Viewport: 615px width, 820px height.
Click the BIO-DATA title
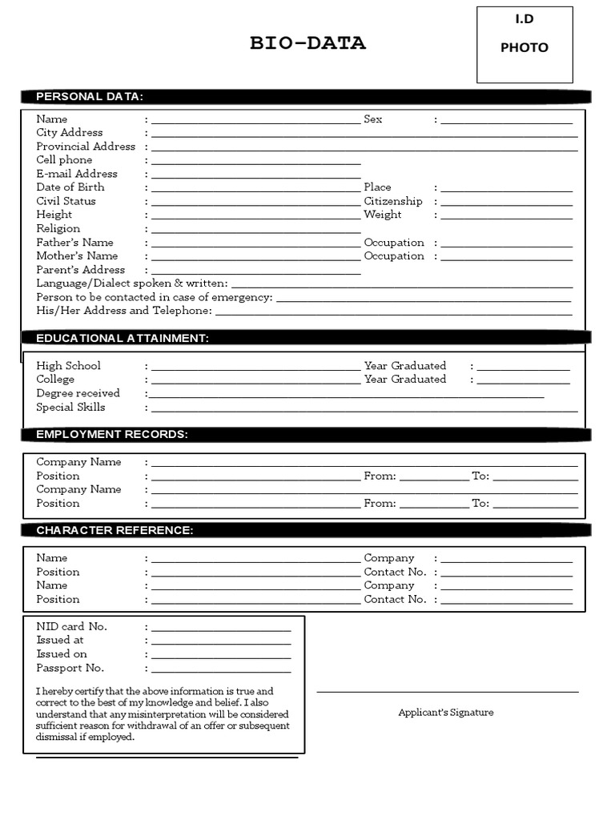click(307, 44)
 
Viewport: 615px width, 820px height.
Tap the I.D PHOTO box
click(525, 45)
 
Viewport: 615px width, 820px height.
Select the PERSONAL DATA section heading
click(90, 97)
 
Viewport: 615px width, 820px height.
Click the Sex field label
click(373, 119)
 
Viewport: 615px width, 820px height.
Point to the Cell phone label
click(64, 160)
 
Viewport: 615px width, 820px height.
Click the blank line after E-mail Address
click(255, 175)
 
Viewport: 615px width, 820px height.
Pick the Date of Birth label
click(70, 187)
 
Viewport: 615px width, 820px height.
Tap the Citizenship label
click(393, 201)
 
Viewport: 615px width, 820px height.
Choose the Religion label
click(58, 229)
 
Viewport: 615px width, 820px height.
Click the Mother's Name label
click(77, 256)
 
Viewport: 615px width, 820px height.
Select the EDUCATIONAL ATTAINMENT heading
click(123, 338)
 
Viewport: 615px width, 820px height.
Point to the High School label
click(69, 366)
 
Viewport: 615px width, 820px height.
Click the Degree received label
click(78, 393)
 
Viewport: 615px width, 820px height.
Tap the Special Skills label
click(70, 407)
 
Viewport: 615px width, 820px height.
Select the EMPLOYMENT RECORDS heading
click(112, 434)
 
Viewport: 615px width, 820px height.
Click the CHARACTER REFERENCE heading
click(115, 530)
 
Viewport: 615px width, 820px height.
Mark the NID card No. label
click(71, 626)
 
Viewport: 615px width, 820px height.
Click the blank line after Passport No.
click(221, 670)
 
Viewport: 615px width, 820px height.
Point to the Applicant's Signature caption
click(446, 712)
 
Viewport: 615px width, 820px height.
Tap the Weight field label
click(383, 215)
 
